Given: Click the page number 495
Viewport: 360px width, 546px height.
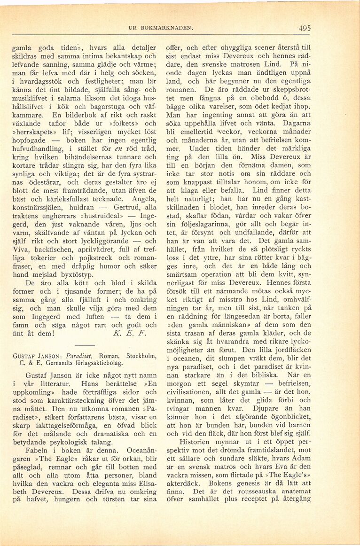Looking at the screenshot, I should pos(304,28).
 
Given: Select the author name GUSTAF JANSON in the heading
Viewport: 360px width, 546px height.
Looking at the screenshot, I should pos(36,356).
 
